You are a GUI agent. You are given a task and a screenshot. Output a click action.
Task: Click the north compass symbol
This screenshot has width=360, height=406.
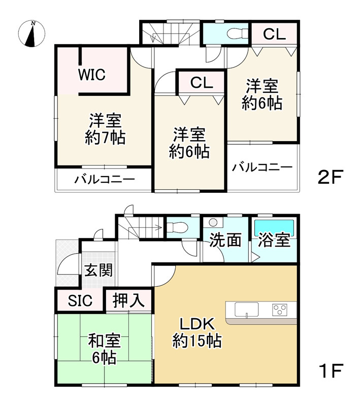coord(31,33)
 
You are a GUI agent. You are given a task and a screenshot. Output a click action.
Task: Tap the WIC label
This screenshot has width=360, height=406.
coord(91,75)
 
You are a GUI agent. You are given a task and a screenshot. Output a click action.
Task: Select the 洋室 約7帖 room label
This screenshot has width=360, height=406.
coord(105,129)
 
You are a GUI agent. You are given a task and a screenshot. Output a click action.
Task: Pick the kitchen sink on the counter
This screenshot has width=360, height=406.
coord(246,309)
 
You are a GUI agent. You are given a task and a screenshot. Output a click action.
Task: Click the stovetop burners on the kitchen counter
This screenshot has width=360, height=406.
coord(280,309)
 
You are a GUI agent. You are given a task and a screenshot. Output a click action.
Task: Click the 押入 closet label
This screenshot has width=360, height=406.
coord(128,300)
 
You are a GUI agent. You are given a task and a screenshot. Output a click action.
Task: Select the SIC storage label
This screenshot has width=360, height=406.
coord(80,300)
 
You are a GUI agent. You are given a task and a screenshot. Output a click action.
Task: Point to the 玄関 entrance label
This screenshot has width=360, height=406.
coord(99,270)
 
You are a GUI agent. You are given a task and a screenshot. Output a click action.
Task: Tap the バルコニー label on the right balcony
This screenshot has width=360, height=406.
coord(262,167)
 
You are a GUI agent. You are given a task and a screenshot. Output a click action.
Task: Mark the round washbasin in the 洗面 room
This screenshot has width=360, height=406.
coord(213,222)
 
